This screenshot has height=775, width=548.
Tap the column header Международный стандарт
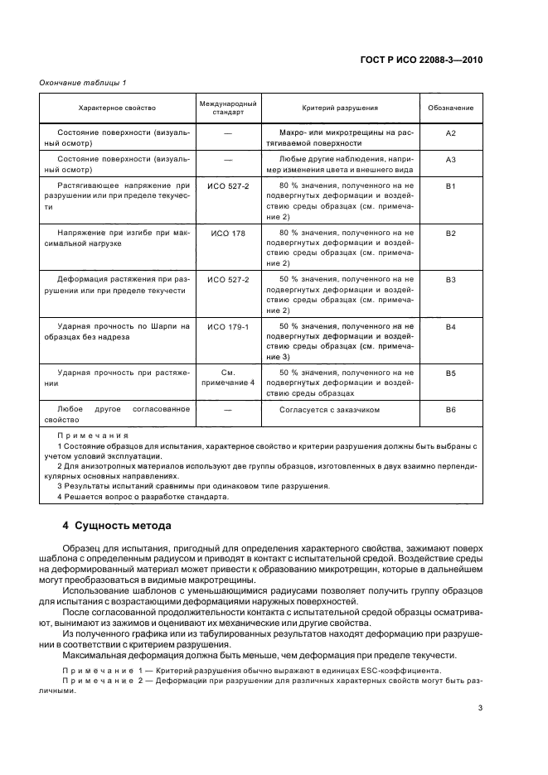[228, 108]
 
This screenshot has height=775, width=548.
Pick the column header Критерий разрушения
[340, 108]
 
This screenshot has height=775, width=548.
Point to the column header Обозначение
[451, 108]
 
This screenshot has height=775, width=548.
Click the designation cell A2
[451, 132]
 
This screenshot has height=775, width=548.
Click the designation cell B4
[451, 327]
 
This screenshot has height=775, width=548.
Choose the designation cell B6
[451, 410]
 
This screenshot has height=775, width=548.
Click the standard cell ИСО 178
[228, 233]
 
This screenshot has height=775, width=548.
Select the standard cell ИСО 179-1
[228, 327]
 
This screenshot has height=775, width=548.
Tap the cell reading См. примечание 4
[228, 378]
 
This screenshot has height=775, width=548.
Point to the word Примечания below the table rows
[94, 435]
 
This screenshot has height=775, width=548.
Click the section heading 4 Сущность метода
[117, 525]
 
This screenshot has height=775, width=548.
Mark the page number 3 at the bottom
[480, 707]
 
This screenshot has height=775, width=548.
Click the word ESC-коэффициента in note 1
[389, 670]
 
